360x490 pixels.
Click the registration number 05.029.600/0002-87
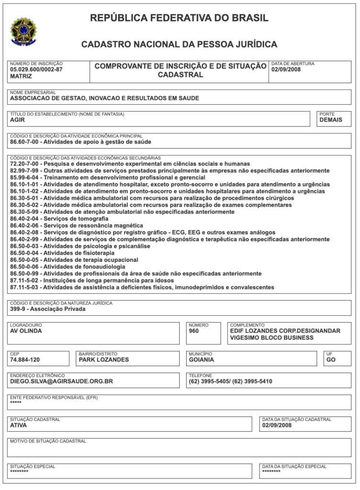click(x=36, y=69)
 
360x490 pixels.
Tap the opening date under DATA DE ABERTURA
click(x=286, y=69)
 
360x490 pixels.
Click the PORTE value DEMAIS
click(x=331, y=120)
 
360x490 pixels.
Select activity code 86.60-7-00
click(x=23, y=142)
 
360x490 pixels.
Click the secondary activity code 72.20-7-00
click(x=23, y=164)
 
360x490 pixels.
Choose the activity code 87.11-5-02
click(x=23, y=280)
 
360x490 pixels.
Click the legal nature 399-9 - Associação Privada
click(x=47, y=309)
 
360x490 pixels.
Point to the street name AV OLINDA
click(x=26, y=331)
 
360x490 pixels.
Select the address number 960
click(x=194, y=331)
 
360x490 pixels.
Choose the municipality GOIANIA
click(x=202, y=360)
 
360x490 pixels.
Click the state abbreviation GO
click(x=331, y=360)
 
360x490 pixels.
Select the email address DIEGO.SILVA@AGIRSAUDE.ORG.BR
click(x=61, y=381)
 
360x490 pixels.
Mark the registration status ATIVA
click(x=19, y=425)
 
